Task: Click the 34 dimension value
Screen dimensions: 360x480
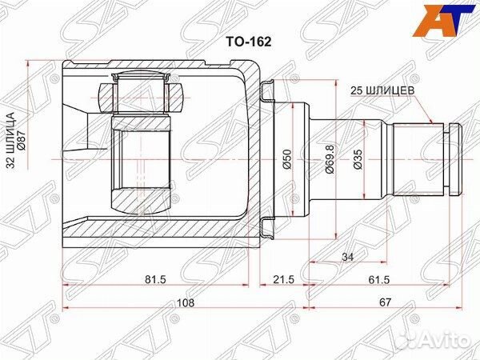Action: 346,258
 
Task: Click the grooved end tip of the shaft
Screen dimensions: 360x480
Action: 455,158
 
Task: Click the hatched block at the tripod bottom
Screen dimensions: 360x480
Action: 141,199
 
